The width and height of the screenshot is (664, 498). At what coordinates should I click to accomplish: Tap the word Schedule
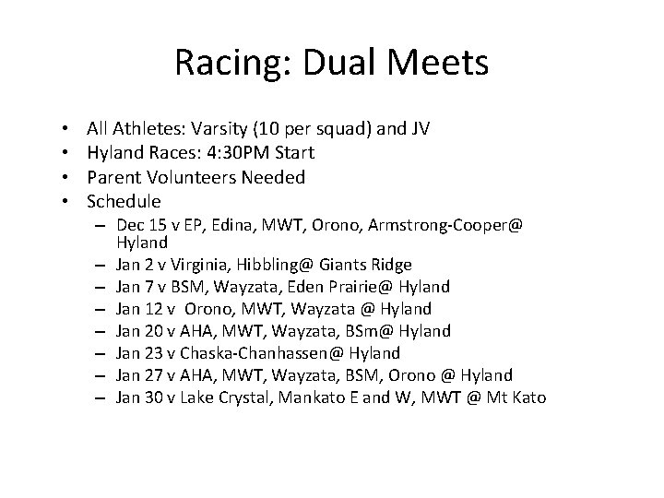(x=124, y=201)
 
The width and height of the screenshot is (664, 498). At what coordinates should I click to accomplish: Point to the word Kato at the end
(x=528, y=397)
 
